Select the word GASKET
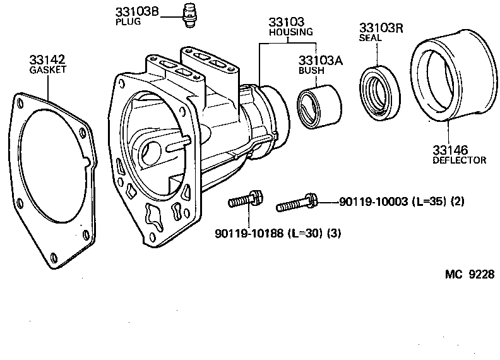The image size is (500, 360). click(x=48, y=70)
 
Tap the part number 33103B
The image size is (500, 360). click(x=136, y=12)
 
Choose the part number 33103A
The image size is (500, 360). click(x=320, y=61)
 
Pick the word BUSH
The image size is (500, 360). click(x=312, y=71)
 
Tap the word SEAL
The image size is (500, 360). click(x=371, y=38)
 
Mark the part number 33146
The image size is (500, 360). click(x=449, y=150)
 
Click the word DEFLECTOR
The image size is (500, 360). click(x=459, y=160)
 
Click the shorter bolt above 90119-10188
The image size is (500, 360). click(x=246, y=200)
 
